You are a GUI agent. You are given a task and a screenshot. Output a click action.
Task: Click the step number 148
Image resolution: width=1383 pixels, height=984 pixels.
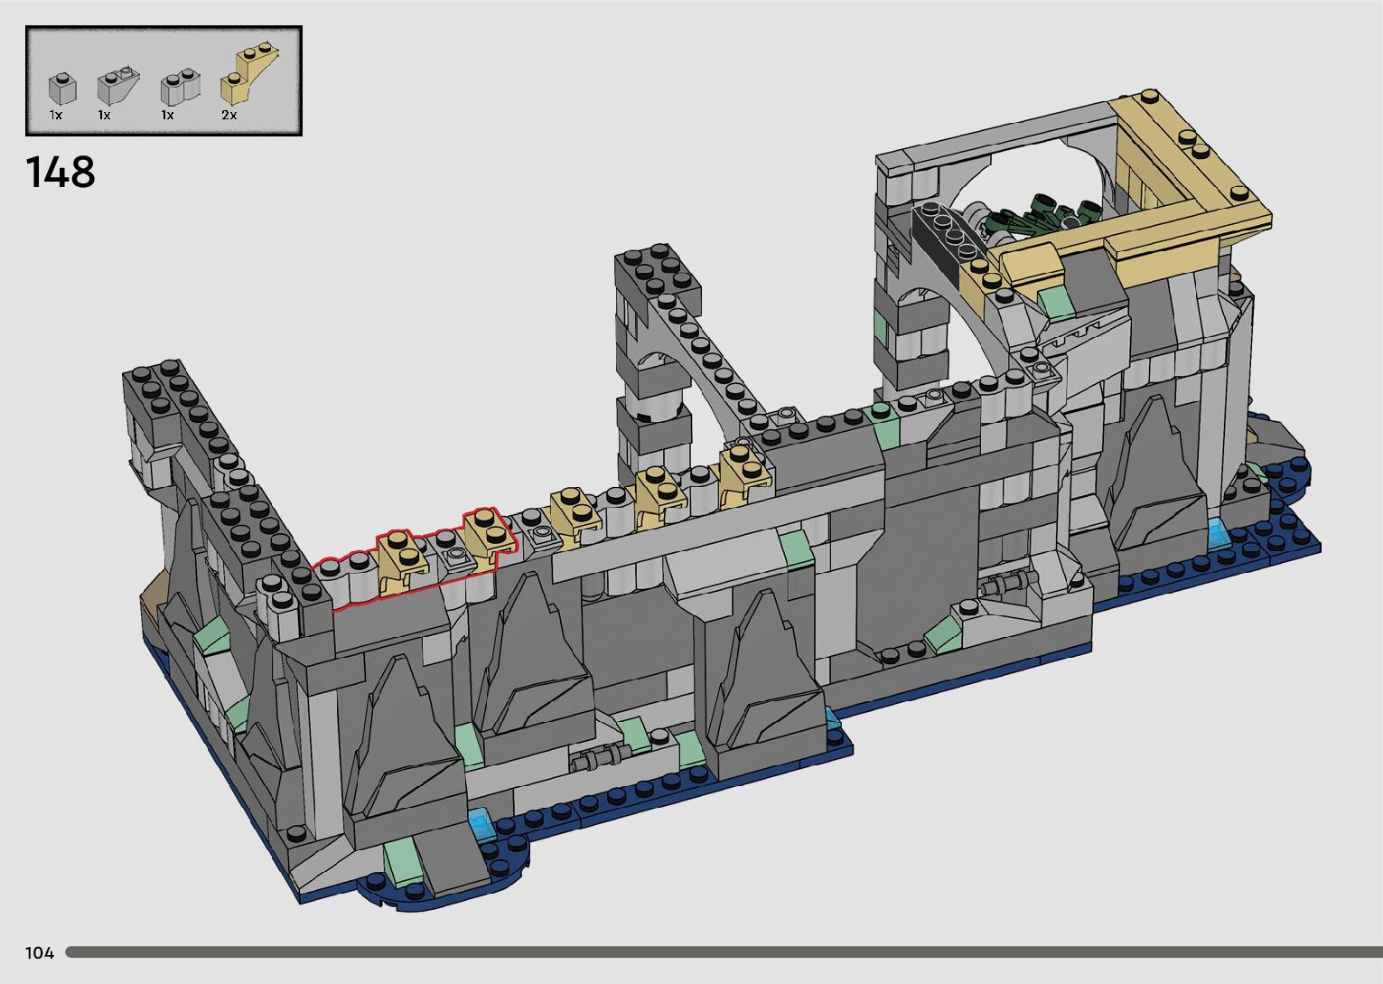[61, 172]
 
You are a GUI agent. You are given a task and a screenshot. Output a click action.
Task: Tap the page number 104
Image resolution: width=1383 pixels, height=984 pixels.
[40, 952]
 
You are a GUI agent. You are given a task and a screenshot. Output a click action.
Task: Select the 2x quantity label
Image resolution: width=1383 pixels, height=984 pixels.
[229, 115]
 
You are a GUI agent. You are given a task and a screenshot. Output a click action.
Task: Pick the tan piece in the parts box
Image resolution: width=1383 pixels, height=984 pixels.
[248, 74]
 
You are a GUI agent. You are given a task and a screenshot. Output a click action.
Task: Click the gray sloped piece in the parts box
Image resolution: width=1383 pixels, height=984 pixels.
[118, 86]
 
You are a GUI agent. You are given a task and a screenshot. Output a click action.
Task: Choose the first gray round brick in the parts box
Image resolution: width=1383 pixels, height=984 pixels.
[62, 89]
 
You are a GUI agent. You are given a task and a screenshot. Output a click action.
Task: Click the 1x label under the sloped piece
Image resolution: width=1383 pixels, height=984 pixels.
[104, 115]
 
